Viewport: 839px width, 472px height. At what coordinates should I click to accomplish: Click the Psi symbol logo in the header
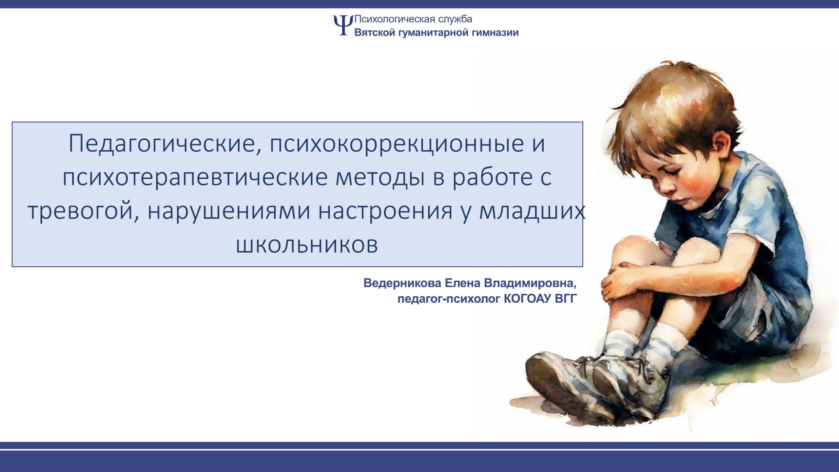coord(343,25)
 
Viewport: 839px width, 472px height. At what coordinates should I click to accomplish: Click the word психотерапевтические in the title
coord(195,178)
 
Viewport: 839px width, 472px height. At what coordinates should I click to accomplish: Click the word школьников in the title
coord(307,245)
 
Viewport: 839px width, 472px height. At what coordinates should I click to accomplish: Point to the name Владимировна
coord(530,283)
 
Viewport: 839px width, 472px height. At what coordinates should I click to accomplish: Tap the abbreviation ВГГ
coord(566,299)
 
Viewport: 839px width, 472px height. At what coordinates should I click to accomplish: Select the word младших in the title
coord(532,211)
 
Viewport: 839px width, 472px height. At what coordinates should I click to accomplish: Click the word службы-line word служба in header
coord(455,19)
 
